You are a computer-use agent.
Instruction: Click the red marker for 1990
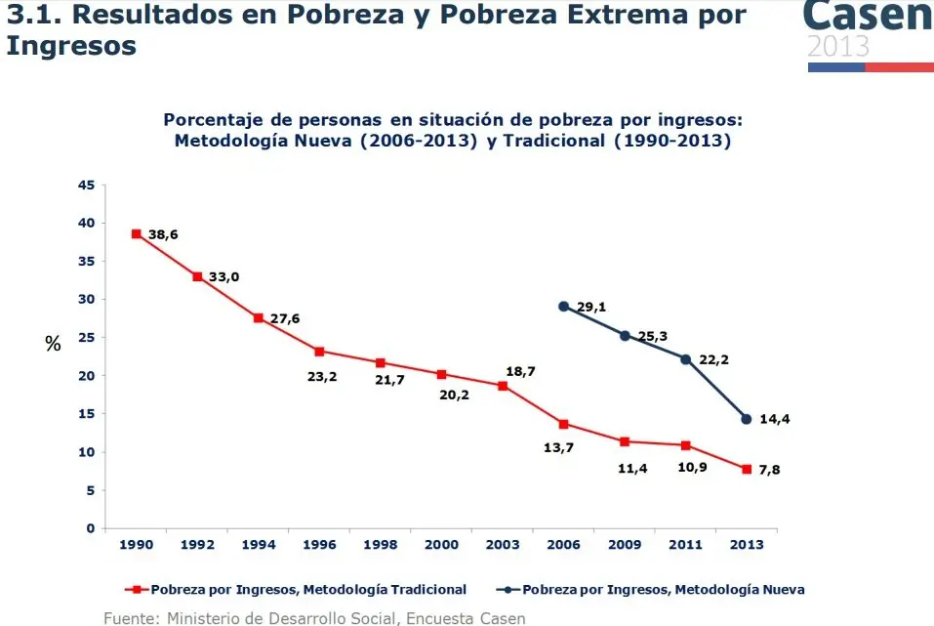coord(137,233)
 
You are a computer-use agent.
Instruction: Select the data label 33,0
coord(223,276)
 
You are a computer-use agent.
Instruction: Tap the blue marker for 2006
coord(563,306)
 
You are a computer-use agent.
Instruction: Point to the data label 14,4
coord(775,419)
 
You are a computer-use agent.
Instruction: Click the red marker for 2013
coord(747,469)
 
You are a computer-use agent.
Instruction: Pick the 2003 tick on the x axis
coord(503,544)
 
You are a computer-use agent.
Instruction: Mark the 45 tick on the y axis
coord(88,185)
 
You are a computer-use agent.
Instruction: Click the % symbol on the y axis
coord(53,343)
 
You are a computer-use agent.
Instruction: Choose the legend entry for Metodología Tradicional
coord(297,590)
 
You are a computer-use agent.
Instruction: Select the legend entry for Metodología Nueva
coord(651,590)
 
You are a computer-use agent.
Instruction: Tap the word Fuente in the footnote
coord(131,618)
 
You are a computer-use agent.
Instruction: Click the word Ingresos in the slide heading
coord(71,45)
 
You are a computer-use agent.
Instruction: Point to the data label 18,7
coord(520,371)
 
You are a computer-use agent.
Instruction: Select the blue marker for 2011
coord(685,359)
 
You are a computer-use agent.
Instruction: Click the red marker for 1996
coord(319,351)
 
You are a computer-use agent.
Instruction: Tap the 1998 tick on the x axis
coord(381,544)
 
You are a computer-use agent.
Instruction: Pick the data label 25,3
coord(653,336)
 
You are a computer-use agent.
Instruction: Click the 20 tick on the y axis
coord(88,376)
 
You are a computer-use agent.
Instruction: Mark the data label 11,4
coord(633,469)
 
